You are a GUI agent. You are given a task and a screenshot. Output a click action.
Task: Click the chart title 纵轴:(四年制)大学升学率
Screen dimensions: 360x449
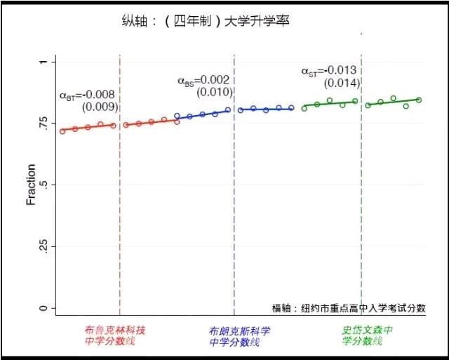tap(206, 22)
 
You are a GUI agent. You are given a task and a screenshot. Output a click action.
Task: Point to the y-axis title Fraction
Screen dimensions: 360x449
tap(31, 185)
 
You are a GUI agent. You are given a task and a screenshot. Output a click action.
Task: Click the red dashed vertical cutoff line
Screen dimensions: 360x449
tap(120, 211)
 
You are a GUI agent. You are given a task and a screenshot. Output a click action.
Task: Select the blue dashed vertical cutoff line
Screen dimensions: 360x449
tap(234, 211)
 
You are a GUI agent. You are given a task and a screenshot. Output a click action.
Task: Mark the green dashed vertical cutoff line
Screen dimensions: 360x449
tap(361, 211)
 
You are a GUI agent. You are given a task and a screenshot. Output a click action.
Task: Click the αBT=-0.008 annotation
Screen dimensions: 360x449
tap(87, 95)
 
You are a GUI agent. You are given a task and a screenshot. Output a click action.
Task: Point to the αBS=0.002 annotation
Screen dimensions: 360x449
tap(203, 80)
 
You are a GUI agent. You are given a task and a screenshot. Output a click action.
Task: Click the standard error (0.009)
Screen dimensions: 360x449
tap(100, 107)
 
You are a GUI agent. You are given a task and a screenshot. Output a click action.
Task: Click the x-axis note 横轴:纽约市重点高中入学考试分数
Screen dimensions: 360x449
tap(349, 308)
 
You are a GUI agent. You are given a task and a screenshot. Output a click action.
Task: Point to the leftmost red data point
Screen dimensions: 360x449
tap(62, 131)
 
